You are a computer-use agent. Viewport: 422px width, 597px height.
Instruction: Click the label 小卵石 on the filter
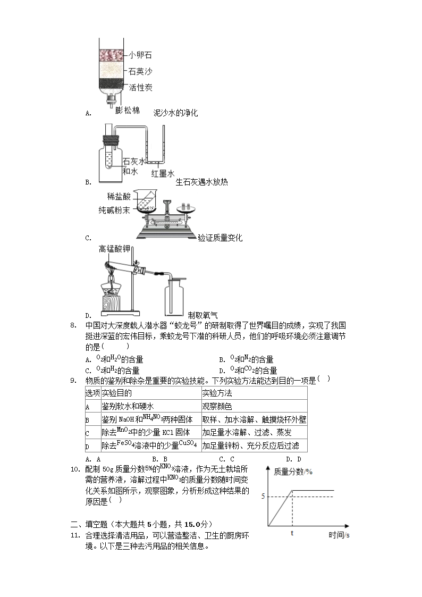[x=139, y=55]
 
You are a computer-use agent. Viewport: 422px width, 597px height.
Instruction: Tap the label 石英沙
[x=139, y=71]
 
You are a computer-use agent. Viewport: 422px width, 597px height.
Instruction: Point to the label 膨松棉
[x=128, y=111]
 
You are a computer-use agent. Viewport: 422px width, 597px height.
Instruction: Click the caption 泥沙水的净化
[x=175, y=113]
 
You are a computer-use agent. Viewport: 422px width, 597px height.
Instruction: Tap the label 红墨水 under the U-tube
[x=163, y=174]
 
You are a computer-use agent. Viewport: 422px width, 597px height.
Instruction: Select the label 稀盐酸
[x=119, y=196]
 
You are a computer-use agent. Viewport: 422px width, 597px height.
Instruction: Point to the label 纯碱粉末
[x=114, y=210]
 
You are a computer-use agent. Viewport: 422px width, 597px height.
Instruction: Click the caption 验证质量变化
[x=220, y=238]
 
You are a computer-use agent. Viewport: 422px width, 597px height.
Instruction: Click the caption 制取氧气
[x=202, y=315]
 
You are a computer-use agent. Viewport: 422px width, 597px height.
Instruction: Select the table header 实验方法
[x=217, y=393]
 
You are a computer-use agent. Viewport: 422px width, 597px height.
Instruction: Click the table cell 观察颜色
[x=217, y=407]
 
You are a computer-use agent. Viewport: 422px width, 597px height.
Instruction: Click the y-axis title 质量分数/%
[x=292, y=472]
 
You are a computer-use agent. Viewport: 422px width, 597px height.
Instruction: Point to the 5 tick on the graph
[x=263, y=497]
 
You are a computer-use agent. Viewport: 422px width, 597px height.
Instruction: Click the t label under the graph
[x=292, y=533]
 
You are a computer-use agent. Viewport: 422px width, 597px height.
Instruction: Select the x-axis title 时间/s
[x=339, y=535]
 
